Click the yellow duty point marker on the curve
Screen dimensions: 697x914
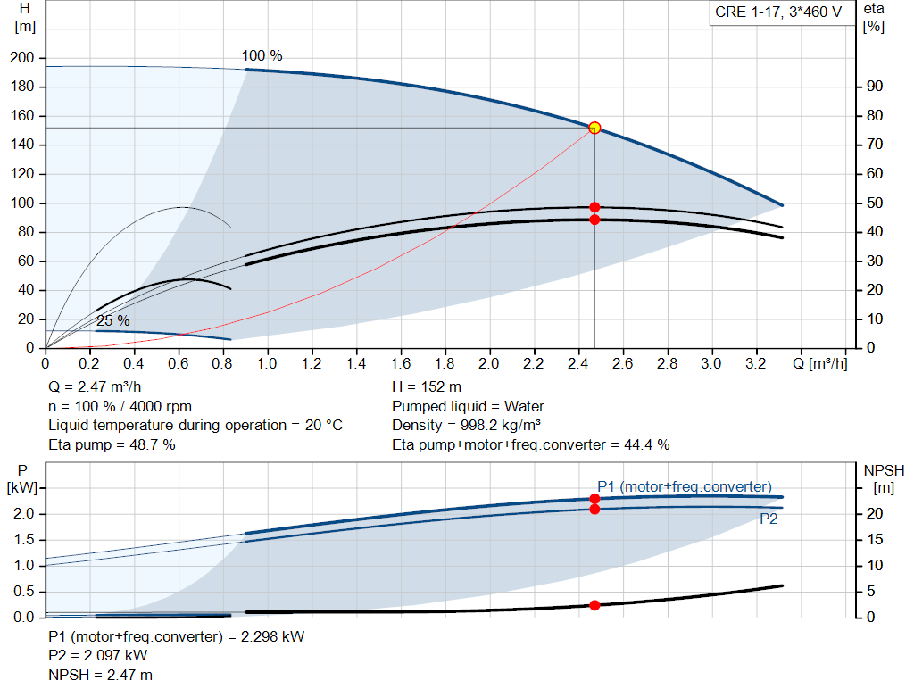(x=594, y=128)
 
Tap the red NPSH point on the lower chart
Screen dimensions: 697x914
(x=594, y=605)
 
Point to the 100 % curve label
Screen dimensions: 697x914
(x=262, y=56)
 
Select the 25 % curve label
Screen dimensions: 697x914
(x=112, y=320)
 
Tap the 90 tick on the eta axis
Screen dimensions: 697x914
(x=874, y=87)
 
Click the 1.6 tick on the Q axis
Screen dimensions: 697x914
(x=400, y=364)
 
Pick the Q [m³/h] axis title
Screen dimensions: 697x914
(x=820, y=364)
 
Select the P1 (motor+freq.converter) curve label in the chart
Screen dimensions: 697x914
(x=684, y=486)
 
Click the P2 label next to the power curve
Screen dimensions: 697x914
(x=768, y=519)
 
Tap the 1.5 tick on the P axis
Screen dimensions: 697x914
(x=23, y=540)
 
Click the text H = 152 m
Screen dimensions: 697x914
(x=427, y=386)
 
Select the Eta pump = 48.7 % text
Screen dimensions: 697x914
(x=112, y=444)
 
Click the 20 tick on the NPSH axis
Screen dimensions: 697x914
(x=874, y=514)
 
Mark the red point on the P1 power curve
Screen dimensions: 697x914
(x=594, y=499)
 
